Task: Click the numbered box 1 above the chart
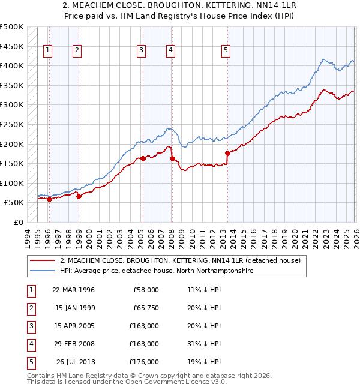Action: [47, 51]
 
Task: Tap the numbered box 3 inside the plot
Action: [140, 51]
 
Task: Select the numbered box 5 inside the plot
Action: [226, 51]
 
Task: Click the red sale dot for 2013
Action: [227, 153]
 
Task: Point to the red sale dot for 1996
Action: [49, 200]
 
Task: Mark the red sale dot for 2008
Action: [172, 159]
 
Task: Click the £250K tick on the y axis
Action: [12, 125]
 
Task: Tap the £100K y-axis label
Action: [12, 184]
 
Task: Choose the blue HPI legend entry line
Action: [43, 271]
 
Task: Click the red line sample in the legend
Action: [43, 260]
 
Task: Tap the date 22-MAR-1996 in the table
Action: [73, 290]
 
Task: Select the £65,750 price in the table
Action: [145, 308]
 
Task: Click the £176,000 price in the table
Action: [145, 362]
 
